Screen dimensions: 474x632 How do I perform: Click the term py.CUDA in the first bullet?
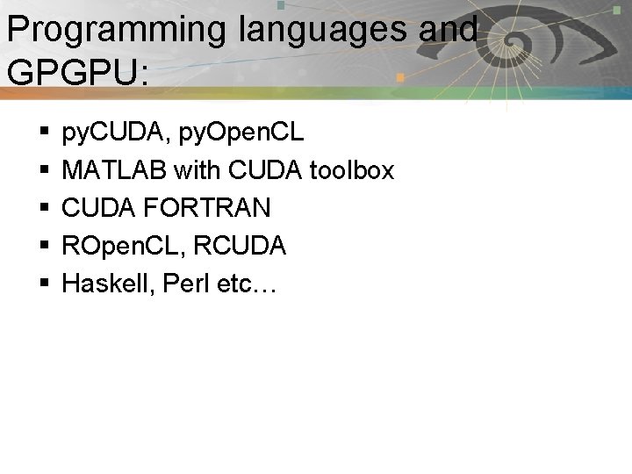110,133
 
